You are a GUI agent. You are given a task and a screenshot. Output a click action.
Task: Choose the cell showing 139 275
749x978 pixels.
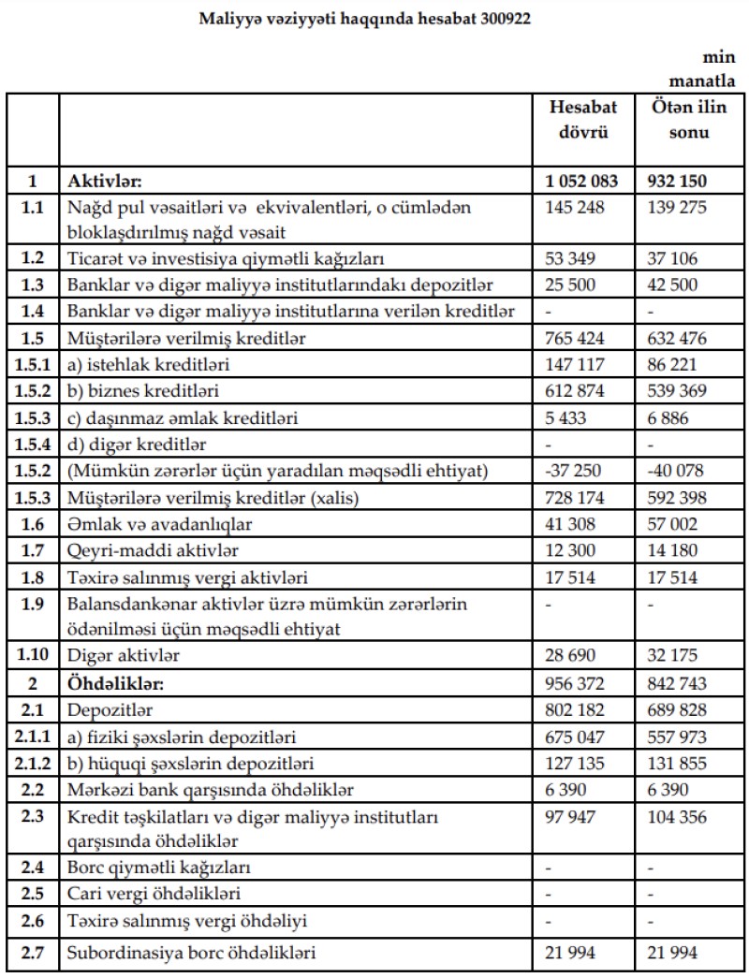[x=680, y=206]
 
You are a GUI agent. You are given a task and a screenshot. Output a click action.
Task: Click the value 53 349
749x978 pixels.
[x=572, y=257]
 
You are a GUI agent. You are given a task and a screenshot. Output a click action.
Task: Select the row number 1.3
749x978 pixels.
[x=33, y=284]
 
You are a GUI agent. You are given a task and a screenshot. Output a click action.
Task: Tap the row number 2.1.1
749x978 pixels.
[x=33, y=737]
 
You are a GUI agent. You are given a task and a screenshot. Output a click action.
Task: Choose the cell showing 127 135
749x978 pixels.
[x=576, y=763]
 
